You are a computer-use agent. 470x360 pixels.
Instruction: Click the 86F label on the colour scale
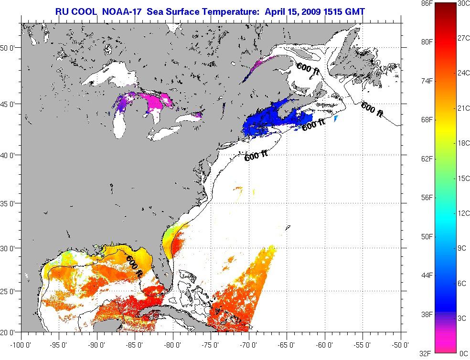coord(427,3)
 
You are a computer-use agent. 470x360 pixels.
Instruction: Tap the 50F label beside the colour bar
coord(427,237)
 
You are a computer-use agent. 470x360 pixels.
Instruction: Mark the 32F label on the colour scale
coord(427,353)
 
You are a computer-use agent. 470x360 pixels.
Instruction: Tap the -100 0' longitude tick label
coord(20,344)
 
